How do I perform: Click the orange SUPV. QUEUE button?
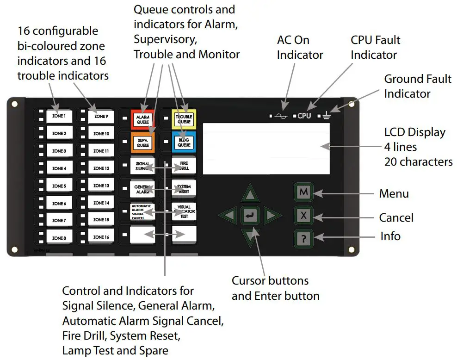142,142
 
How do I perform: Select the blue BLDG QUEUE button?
184,142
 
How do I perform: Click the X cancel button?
303,216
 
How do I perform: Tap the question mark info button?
303,238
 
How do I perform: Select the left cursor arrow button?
228,216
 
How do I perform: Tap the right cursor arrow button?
272,216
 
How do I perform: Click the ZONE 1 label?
59,117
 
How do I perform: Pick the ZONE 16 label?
101,237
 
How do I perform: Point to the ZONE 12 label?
101,168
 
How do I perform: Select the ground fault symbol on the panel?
327,115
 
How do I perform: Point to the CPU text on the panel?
304,116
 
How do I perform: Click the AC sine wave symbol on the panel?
281,116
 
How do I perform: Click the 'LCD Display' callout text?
414,132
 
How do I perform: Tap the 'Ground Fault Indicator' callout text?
417,86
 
